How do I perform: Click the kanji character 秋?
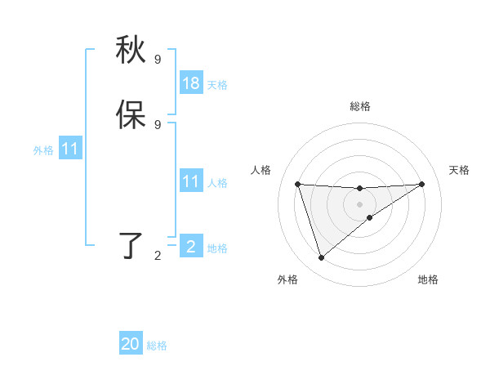pyautogui.click(x=131, y=51)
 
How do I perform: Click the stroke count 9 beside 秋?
pyautogui.click(x=158, y=60)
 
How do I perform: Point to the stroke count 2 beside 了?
pyautogui.click(x=158, y=256)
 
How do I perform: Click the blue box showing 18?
pyautogui.click(x=191, y=83)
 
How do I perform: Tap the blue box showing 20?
pyautogui.click(x=131, y=344)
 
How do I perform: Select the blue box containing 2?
pyautogui.click(x=191, y=247)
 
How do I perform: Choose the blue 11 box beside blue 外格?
pyautogui.click(x=70, y=150)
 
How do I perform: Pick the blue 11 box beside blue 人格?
pyautogui.click(x=191, y=181)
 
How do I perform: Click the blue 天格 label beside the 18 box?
pyautogui.click(x=217, y=85)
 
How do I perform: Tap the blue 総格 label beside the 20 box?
pyautogui.click(x=157, y=346)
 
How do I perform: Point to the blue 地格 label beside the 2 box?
pyautogui.click(x=217, y=248)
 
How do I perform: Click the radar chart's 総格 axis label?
pyautogui.click(x=359, y=106)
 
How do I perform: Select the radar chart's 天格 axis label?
pyautogui.click(x=459, y=170)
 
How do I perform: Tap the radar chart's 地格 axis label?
pyautogui.click(x=428, y=279)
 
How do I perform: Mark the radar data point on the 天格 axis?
pyautogui.click(x=421, y=184)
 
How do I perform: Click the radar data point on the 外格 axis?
pyautogui.click(x=321, y=258)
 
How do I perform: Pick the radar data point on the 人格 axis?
pyautogui.click(x=298, y=184)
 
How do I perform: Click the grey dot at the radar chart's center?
pyautogui.click(x=359, y=204)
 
